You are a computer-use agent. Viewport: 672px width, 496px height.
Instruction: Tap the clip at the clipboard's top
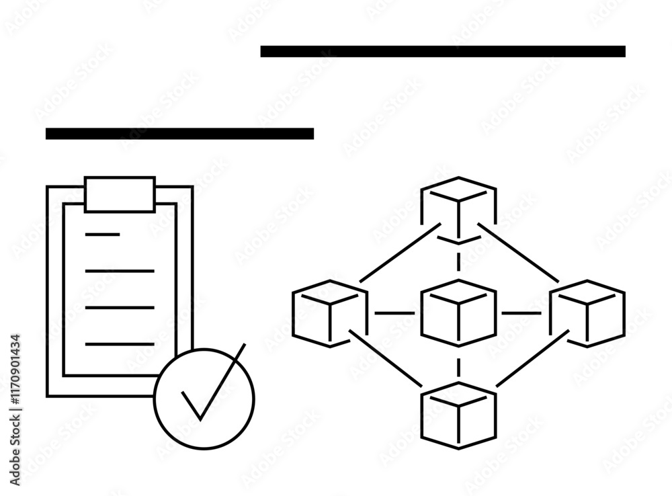click(120, 194)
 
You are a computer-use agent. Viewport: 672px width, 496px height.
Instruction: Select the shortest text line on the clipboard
click(102, 235)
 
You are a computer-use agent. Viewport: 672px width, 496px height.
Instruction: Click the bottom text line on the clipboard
click(120, 344)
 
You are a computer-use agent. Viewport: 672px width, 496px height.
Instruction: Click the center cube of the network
click(459, 312)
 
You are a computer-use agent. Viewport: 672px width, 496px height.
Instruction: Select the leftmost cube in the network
click(330, 313)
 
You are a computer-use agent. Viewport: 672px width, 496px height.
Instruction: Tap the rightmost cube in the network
click(587, 313)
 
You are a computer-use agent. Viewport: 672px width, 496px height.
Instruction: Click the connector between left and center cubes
click(394, 313)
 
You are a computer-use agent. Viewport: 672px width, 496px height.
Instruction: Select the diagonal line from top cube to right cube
click(518, 253)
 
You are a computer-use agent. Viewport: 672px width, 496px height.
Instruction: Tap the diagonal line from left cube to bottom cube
click(386, 358)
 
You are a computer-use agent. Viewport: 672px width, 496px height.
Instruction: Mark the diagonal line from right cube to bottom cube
click(532, 359)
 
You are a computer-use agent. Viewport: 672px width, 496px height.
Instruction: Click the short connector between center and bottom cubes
click(459, 367)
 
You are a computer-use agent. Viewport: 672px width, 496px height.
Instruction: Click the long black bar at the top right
click(443, 52)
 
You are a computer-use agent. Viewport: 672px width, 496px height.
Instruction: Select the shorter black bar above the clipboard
click(179, 134)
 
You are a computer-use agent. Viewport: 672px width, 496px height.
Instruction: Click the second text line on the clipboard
click(120, 271)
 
